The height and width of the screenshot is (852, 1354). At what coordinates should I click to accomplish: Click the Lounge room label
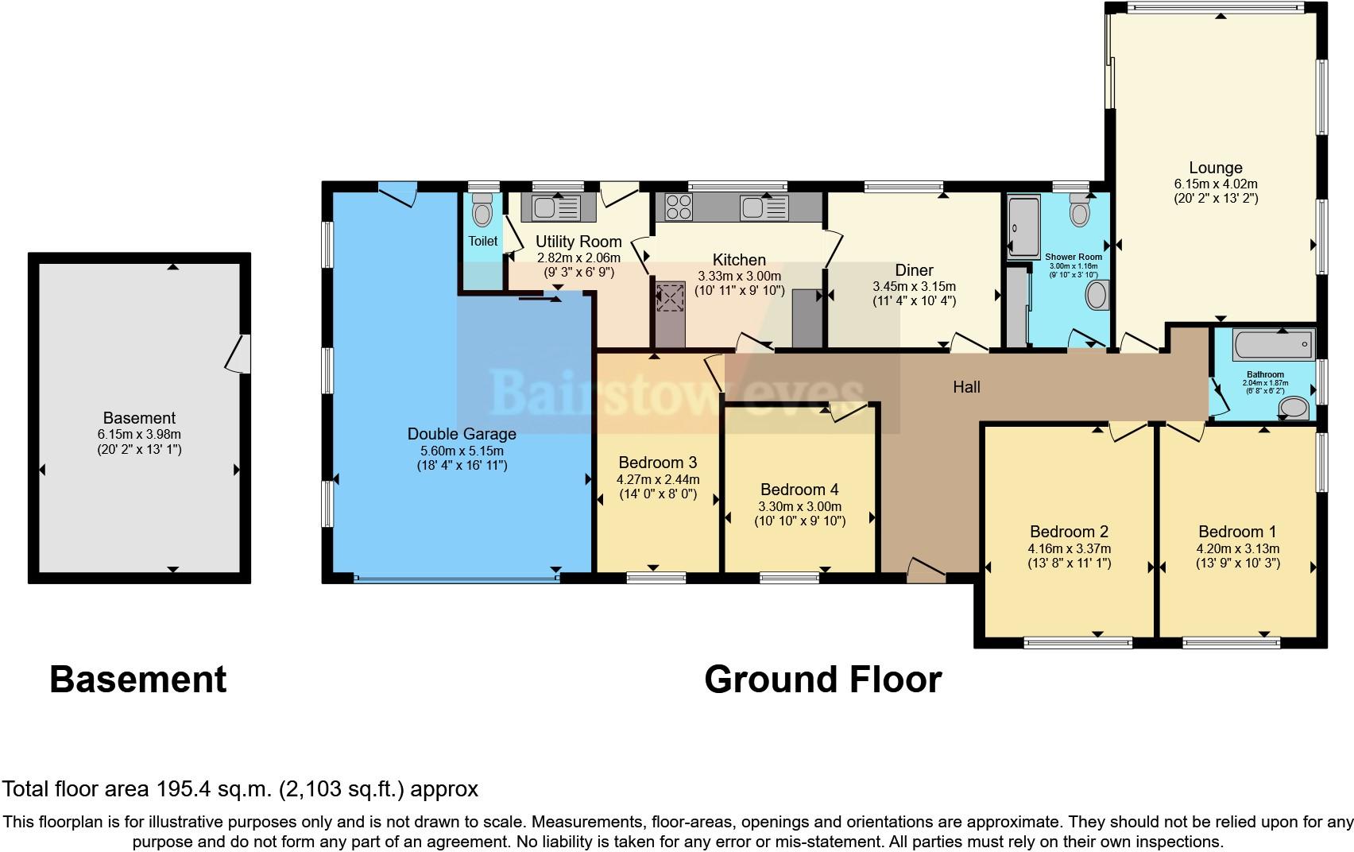coord(1216,168)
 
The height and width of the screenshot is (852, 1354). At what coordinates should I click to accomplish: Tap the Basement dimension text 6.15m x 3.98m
coord(139,434)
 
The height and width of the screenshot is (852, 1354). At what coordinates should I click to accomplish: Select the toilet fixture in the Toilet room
coord(482,210)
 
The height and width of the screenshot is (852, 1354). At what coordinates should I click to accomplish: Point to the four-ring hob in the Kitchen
coord(679,207)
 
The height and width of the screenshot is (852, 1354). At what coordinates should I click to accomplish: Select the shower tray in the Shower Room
coord(1023,227)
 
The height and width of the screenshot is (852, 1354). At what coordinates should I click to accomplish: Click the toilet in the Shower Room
coord(1080,210)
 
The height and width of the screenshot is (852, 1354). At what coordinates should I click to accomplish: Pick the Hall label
coord(966,387)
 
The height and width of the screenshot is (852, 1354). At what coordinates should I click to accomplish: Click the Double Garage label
coord(462,434)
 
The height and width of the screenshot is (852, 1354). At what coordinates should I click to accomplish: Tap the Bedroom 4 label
coord(799,490)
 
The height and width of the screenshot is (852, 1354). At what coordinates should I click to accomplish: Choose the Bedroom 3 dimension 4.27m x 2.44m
coord(658,479)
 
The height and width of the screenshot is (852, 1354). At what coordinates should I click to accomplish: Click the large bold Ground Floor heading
coord(822,679)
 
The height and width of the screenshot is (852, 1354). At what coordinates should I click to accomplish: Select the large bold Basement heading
coord(137,679)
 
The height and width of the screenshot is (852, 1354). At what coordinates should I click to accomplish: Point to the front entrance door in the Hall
coord(926,571)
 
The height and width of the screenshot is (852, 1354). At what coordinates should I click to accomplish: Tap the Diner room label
coord(914,270)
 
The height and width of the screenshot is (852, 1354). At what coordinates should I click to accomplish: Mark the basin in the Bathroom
coord(1294,408)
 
